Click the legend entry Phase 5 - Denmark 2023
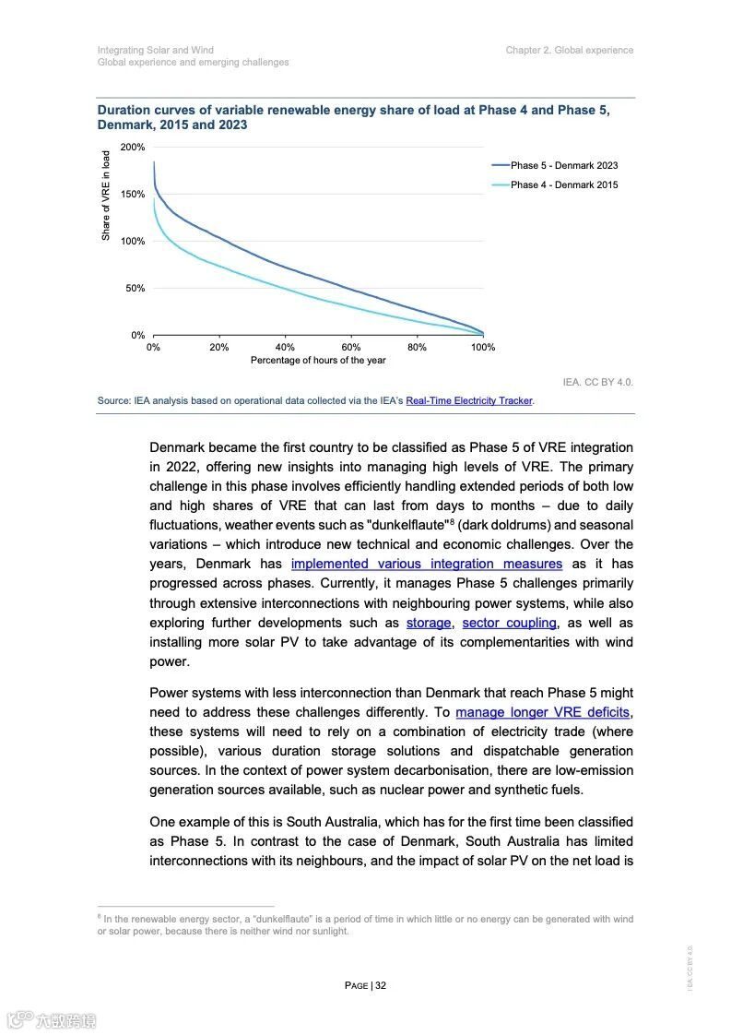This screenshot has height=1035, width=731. tap(563, 166)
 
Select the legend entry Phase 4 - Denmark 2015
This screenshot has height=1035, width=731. tap(563, 185)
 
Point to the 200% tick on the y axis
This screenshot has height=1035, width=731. tap(133, 148)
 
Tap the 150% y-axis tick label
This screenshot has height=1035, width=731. tap(133, 195)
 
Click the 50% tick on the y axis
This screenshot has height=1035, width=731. tap(136, 289)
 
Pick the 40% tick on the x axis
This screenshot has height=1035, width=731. tap(285, 348)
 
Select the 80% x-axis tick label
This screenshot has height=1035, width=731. tap(417, 348)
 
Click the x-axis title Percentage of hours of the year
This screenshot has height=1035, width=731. tap(318, 361)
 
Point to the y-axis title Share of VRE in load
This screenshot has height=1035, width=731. tap(106, 196)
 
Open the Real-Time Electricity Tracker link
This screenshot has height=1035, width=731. tap(469, 401)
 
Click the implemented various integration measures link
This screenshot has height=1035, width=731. tap(426, 564)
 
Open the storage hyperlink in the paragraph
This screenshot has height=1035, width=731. tap(429, 623)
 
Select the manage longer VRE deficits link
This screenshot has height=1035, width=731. tap(543, 712)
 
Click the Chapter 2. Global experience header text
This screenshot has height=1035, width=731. tap(569, 50)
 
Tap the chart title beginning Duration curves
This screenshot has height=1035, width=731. tap(353, 117)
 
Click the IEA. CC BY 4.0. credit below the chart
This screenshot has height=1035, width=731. tap(597, 382)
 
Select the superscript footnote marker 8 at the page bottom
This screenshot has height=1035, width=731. tap(99, 916)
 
